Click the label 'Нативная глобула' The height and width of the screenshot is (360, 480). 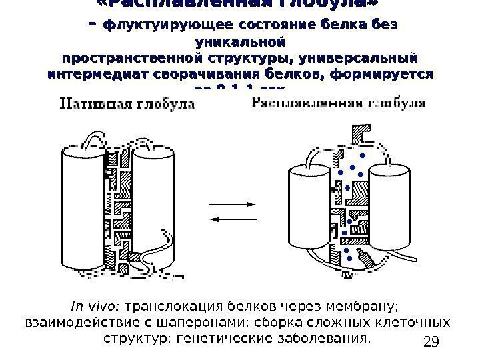(129, 105)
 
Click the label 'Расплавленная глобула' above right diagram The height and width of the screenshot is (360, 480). (339, 104)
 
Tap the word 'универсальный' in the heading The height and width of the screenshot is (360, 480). (361, 56)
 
